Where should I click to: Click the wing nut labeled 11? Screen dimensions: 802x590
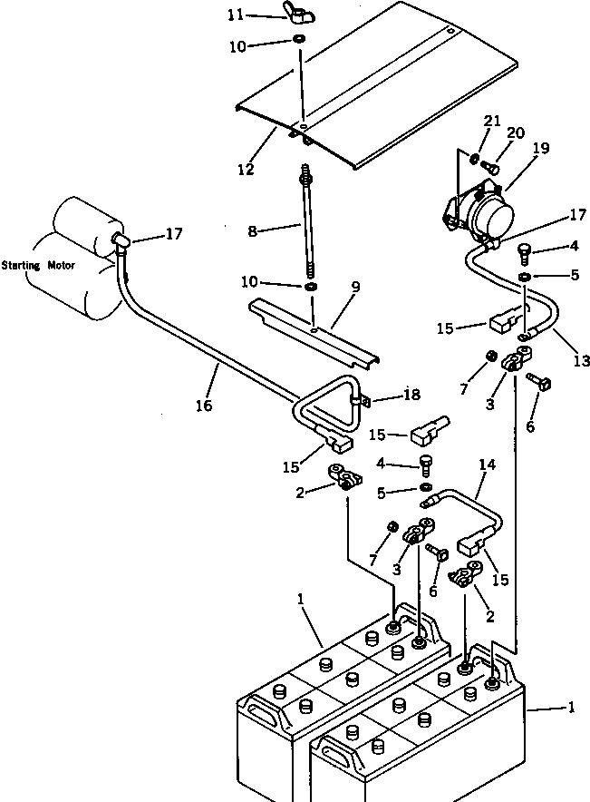point(297,15)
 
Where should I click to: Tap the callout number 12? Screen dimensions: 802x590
point(246,169)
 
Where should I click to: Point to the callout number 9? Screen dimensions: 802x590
point(355,287)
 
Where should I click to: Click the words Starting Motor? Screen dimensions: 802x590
point(38,266)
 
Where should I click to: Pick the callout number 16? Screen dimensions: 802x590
point(204,406)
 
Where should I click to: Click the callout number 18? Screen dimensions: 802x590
point(411,395)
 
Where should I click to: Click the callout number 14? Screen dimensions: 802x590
point(488,465)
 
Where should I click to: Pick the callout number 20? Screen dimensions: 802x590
point(515,133)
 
